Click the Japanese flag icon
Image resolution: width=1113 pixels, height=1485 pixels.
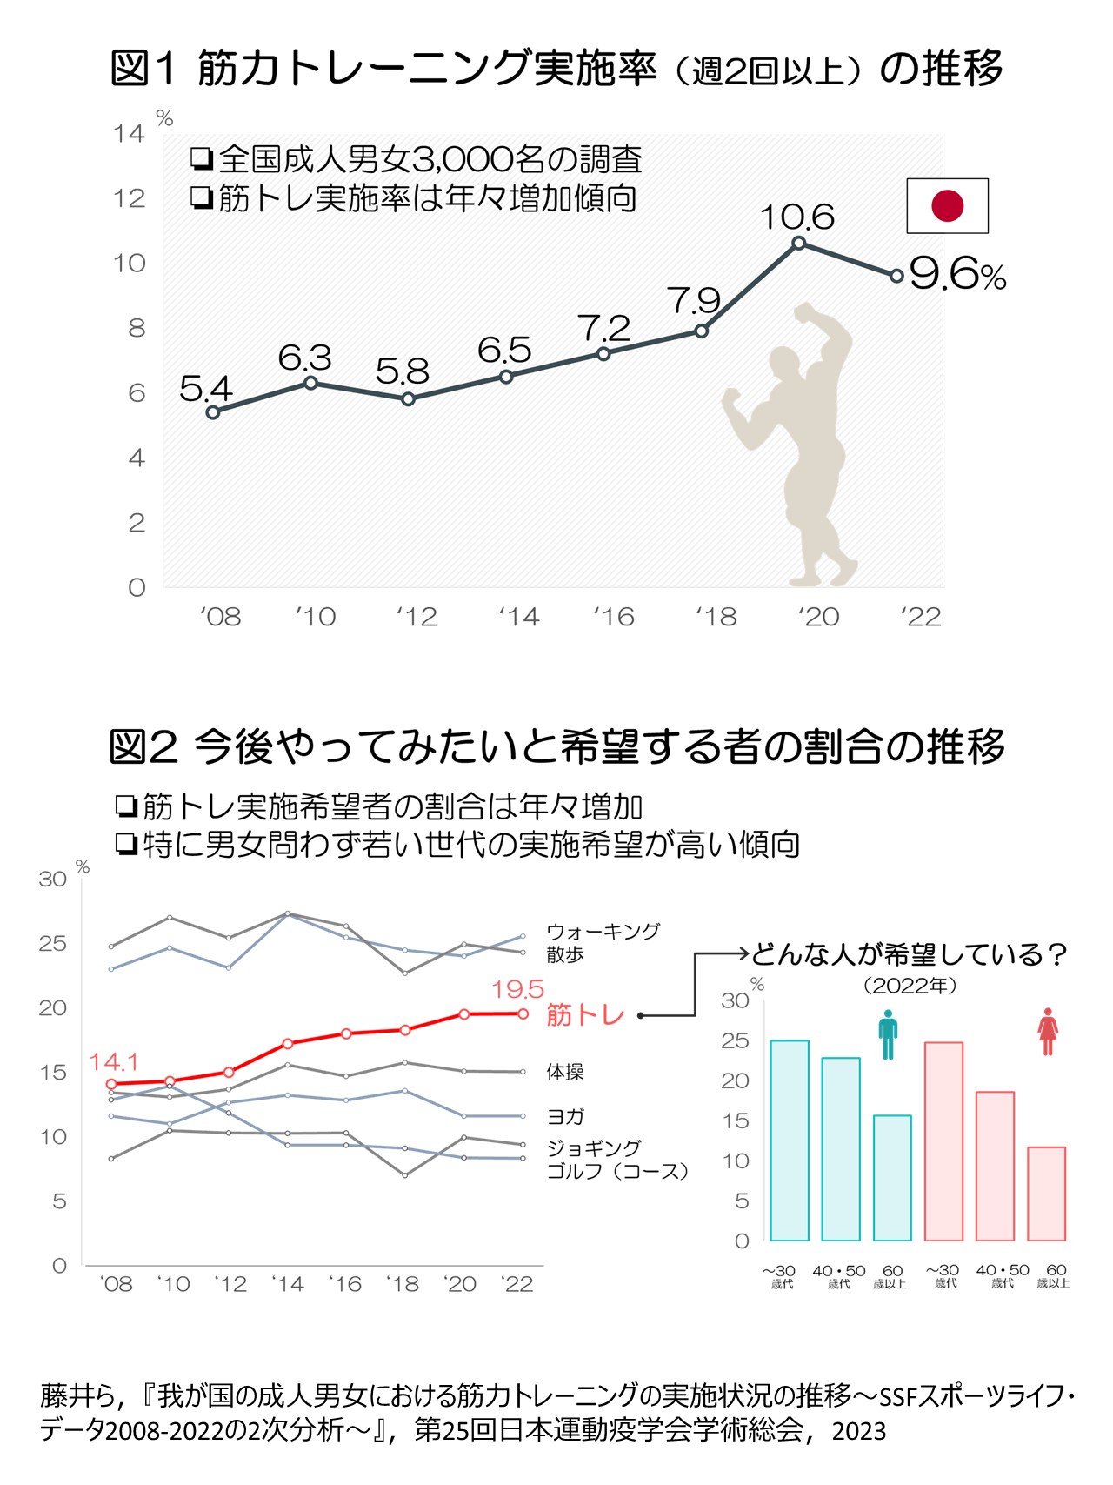[x=947, y=206]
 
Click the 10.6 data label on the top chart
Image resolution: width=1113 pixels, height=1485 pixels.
[x=796, y=217]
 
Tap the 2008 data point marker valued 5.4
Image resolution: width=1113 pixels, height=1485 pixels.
[x=213, y=412]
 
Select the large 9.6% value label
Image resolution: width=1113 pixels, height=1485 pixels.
[x=956, y=275]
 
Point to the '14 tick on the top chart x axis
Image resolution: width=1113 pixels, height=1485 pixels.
[x=518, y=617]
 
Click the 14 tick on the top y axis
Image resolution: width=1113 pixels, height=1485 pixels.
[x=129, y=133]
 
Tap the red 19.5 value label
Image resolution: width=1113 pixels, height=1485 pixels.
[x=517, y=989]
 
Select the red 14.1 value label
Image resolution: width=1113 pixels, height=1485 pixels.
[x=113, y=1062]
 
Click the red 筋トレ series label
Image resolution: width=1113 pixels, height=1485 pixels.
[x=585, y=1014]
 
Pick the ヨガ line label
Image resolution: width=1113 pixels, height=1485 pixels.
[x=565, y=1116]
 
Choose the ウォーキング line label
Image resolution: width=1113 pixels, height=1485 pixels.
[x=603, y=931]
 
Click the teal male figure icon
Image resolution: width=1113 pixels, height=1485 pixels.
[x=887, y=1033]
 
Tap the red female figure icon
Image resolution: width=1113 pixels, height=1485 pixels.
[x=1048, y=1032]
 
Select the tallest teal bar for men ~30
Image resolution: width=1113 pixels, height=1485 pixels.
[x=789, y=1140]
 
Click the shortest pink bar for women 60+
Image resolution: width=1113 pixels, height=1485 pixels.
[x=1046, y=1194]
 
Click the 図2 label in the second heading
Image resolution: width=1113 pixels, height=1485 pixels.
[x=143, y=746]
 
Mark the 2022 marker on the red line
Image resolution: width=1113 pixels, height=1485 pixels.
[x=523, y=1013]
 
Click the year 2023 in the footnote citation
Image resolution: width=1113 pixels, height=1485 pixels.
[x=858, y=1430]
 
